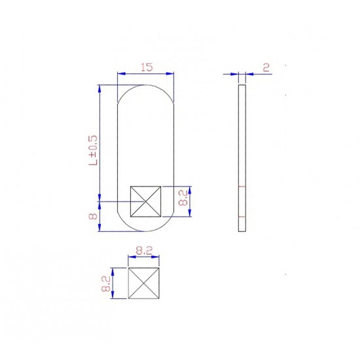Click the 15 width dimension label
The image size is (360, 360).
(147, 67)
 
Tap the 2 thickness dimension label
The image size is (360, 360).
(266, 67)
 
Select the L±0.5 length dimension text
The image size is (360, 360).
(93, 150)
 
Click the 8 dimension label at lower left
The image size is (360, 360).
(93, 216)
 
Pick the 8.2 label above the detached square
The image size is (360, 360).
(144, 251)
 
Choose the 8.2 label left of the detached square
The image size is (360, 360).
(106, 284)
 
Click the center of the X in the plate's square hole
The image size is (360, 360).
(145, 202)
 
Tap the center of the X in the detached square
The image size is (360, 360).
(144, 283)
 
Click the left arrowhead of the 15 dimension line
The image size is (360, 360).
(121, 74)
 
